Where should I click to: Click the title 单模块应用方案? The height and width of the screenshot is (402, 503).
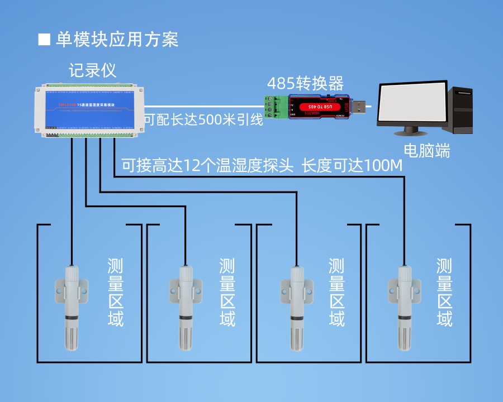[117, 39]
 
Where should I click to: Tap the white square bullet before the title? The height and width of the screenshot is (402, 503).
[44, 39]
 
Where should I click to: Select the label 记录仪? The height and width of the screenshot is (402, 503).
[92, 71]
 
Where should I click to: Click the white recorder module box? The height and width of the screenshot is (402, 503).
[89, 109]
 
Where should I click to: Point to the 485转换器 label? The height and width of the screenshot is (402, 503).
[305, 84]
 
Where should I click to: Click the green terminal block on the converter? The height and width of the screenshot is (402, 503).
[276, 107]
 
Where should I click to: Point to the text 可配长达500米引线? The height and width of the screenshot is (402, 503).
[203, 120]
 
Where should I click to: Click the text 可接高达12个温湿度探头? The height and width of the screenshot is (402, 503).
[207, 166]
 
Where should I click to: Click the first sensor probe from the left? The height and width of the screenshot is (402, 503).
[72, 307]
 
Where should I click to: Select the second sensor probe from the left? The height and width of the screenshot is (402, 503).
[186, 307]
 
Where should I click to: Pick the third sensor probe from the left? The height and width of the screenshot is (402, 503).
[296, 307]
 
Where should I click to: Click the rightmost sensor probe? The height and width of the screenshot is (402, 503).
[405, 307]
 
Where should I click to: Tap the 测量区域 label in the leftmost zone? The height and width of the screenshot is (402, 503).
[116, 293]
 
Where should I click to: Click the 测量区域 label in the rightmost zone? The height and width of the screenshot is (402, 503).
[444, 293]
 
